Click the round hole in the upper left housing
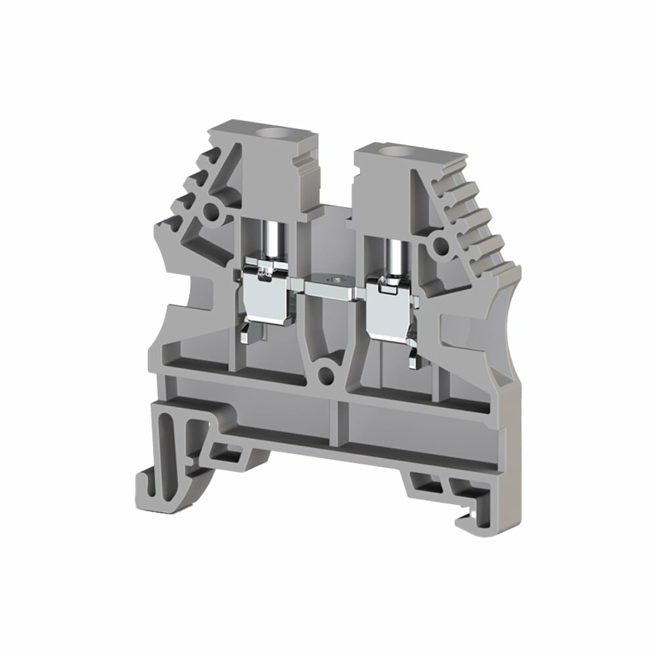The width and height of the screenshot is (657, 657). pos(212,212)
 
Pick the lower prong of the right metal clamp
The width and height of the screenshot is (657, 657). pos(414,355)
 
